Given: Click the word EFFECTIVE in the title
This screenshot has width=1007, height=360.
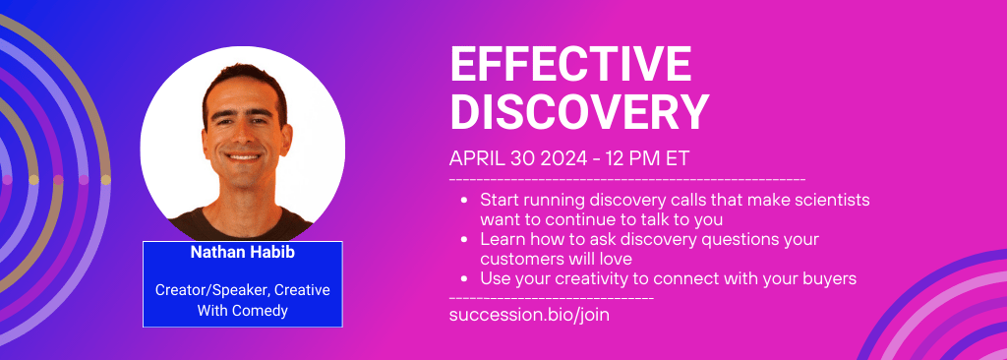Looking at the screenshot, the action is pyautogui.click(x=571, y=64).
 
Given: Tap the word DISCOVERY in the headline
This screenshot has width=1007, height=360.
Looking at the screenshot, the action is pyautogui.click(x=579, y=112).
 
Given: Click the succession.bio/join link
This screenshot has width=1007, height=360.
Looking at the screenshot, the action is pyautogui.click(x=529, y=315).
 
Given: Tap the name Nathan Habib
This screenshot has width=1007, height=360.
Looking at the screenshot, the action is pyautogui.click(x=243, y=253).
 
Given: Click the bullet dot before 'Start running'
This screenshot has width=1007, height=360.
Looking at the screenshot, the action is pyautogui.click(x=464, y=200).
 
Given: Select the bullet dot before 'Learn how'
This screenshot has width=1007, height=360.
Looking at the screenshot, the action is pyautogui.click(x=464, y=240).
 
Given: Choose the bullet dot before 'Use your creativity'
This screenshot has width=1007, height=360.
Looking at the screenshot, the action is pyautogui.click(x=464, y=279).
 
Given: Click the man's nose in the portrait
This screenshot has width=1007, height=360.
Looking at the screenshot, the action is pyautogui.click(x=243, y=136).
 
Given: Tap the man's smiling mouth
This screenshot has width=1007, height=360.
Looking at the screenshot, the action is pyautogui.click(x=244, y=156).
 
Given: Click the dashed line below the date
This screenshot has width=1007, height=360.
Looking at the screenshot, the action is pyautogui.click(x=627, y=178).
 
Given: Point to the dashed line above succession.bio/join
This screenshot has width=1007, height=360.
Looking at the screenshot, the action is pyautogui.click(x=552, y=298).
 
